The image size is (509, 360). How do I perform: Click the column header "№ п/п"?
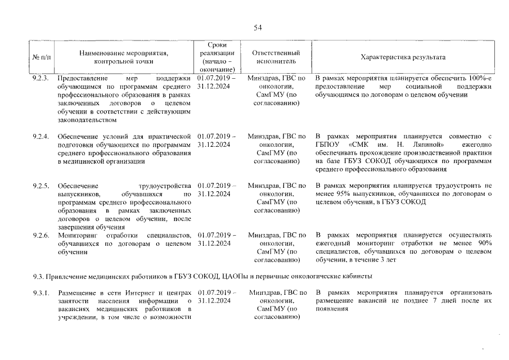[40, 57]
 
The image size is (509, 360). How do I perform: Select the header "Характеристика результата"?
[403, 57]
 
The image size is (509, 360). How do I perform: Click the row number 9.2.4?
[41, 136]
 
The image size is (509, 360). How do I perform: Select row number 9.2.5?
[41, 186]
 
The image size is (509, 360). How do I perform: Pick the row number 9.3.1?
[41, 293]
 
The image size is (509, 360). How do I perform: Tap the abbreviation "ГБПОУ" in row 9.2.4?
[327, 145]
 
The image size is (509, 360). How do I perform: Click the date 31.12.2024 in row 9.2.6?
[214, 244]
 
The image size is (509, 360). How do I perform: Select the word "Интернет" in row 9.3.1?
[134, 293]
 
